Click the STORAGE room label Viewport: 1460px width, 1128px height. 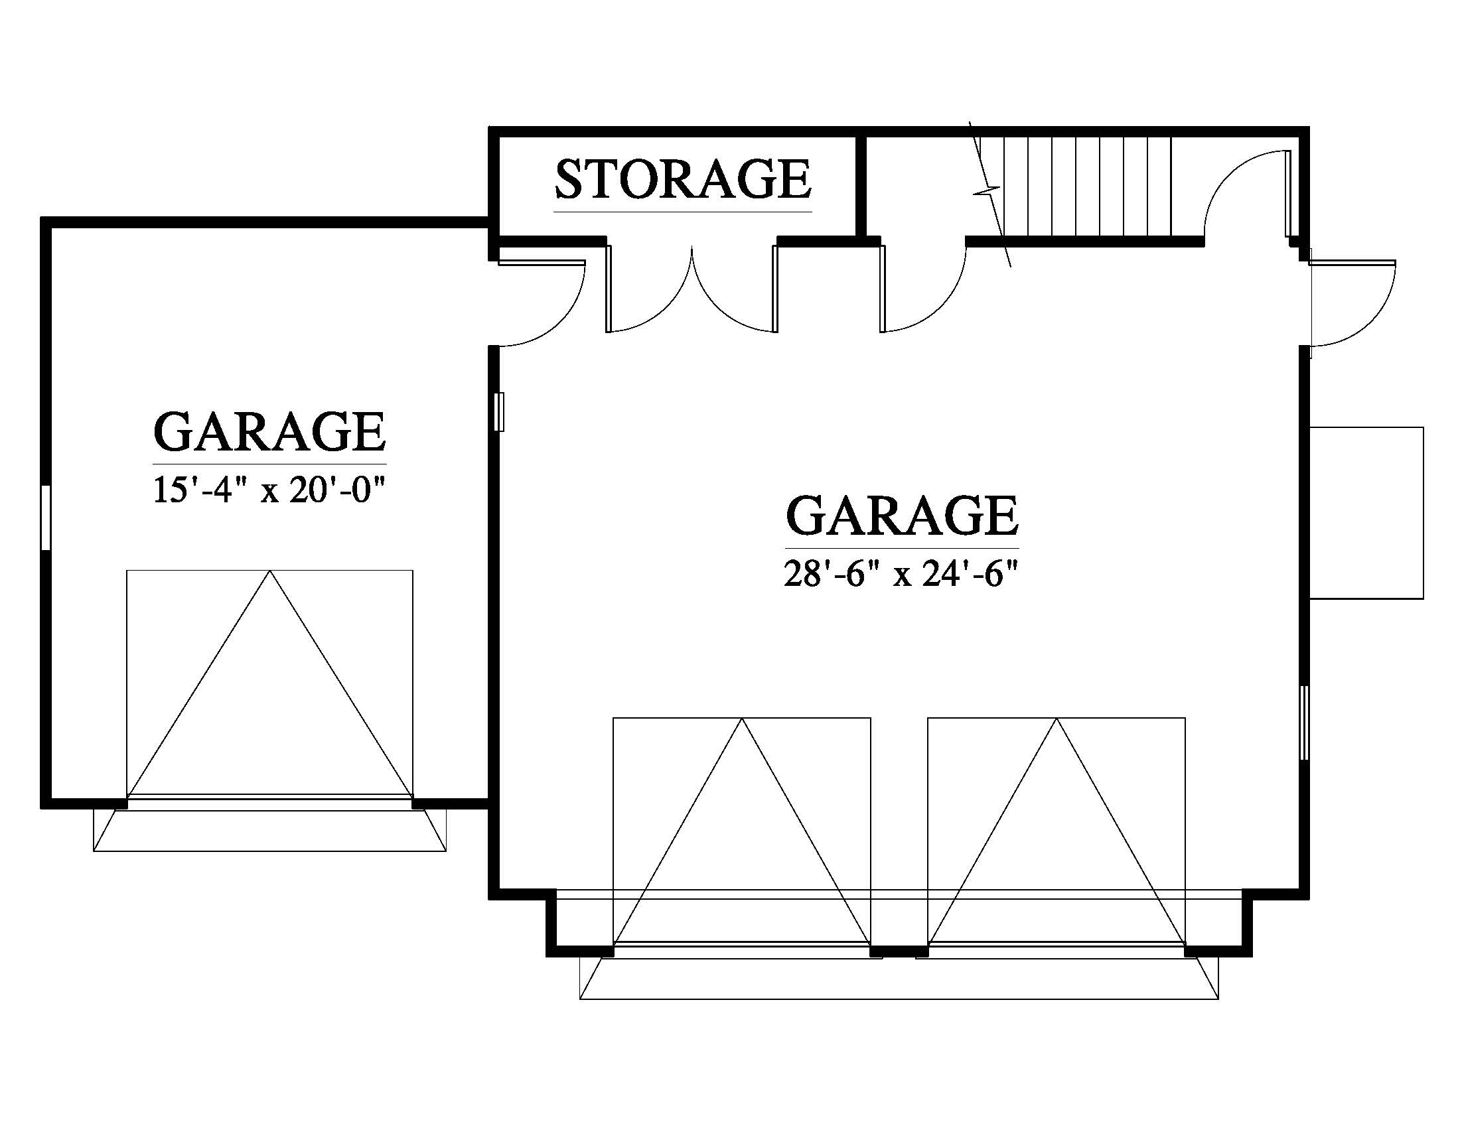point(682,179)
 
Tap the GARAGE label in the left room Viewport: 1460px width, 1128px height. point(269,433)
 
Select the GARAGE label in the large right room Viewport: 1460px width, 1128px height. point(902,515)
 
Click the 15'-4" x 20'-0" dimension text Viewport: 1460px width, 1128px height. point(270,491)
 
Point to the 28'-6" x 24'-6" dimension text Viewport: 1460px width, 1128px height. point(902,574)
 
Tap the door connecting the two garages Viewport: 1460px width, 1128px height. point(542,301)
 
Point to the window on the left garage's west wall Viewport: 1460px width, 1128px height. point(45,518)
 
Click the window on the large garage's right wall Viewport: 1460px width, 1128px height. point(1303,722)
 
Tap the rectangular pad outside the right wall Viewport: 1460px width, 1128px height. point(1366,512)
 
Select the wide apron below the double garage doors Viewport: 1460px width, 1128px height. point(899,979)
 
